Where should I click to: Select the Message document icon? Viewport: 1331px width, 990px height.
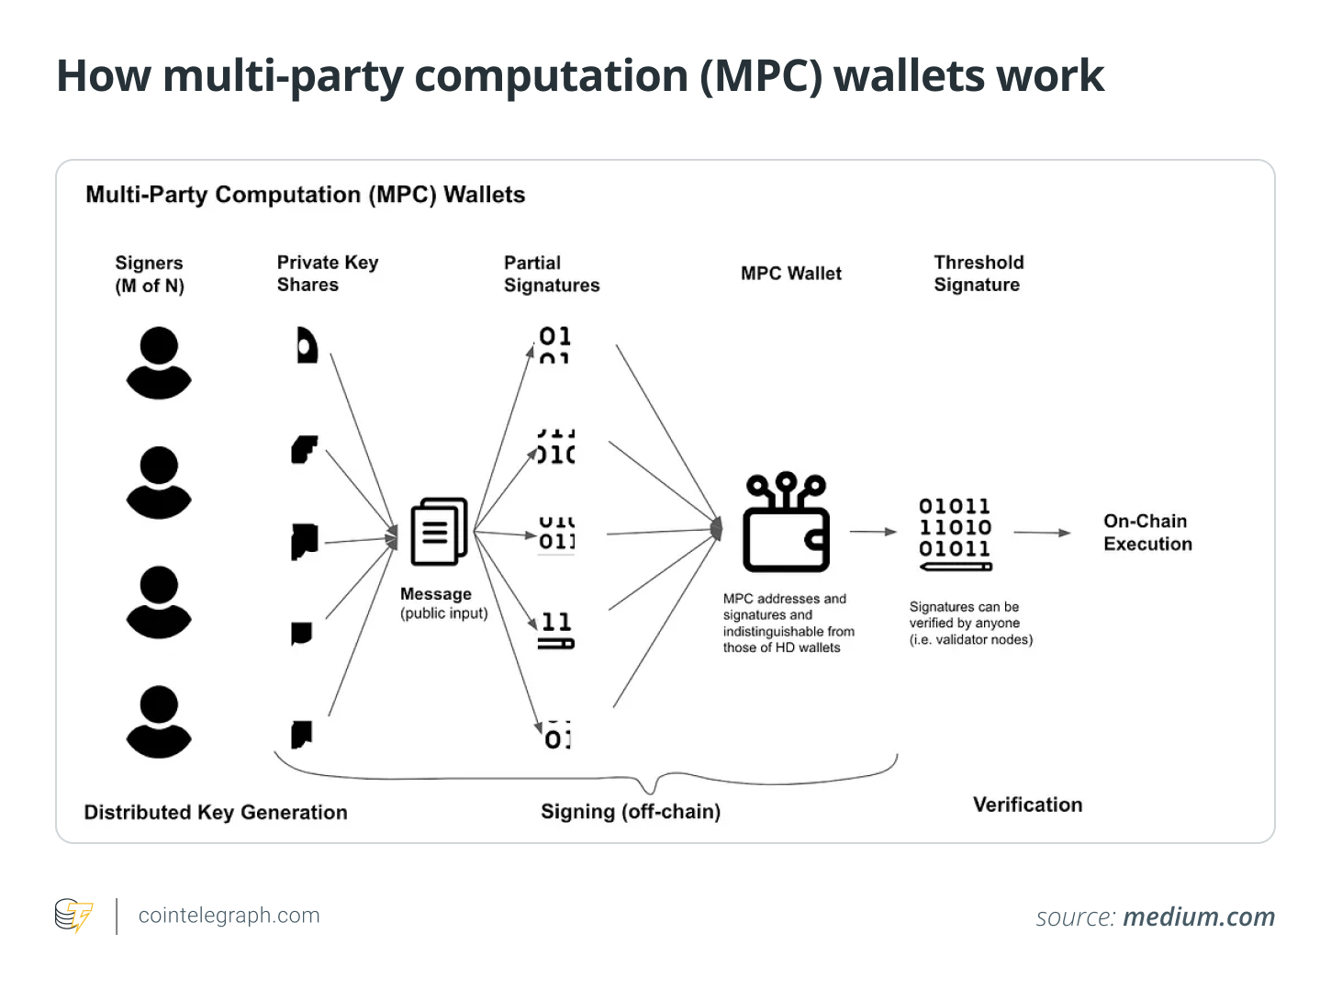(439, 532)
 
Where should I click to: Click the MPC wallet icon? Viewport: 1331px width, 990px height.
(787, 523)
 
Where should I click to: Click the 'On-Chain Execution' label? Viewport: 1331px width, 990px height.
(1147, 533)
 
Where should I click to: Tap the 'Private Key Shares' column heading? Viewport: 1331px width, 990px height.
(328, 274)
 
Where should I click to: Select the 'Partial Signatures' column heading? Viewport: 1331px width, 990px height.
(551, 274)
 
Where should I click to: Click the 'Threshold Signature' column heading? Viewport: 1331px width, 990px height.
(979, 274)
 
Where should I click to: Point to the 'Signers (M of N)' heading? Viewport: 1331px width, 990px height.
(150, 275)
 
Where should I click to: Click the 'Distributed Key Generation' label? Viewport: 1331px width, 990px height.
(216, 813)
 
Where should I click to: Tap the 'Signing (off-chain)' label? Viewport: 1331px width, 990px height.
(631, 812)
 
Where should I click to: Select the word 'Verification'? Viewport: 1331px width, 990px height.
(1027, 805)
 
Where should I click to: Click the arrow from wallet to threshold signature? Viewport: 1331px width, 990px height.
(873, 532)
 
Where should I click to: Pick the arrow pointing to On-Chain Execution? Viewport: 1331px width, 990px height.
(1042, 533)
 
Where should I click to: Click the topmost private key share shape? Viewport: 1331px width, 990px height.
(306, 345)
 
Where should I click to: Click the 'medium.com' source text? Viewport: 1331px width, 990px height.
(1199, 917)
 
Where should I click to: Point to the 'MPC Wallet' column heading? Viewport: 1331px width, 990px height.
(790, 274)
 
